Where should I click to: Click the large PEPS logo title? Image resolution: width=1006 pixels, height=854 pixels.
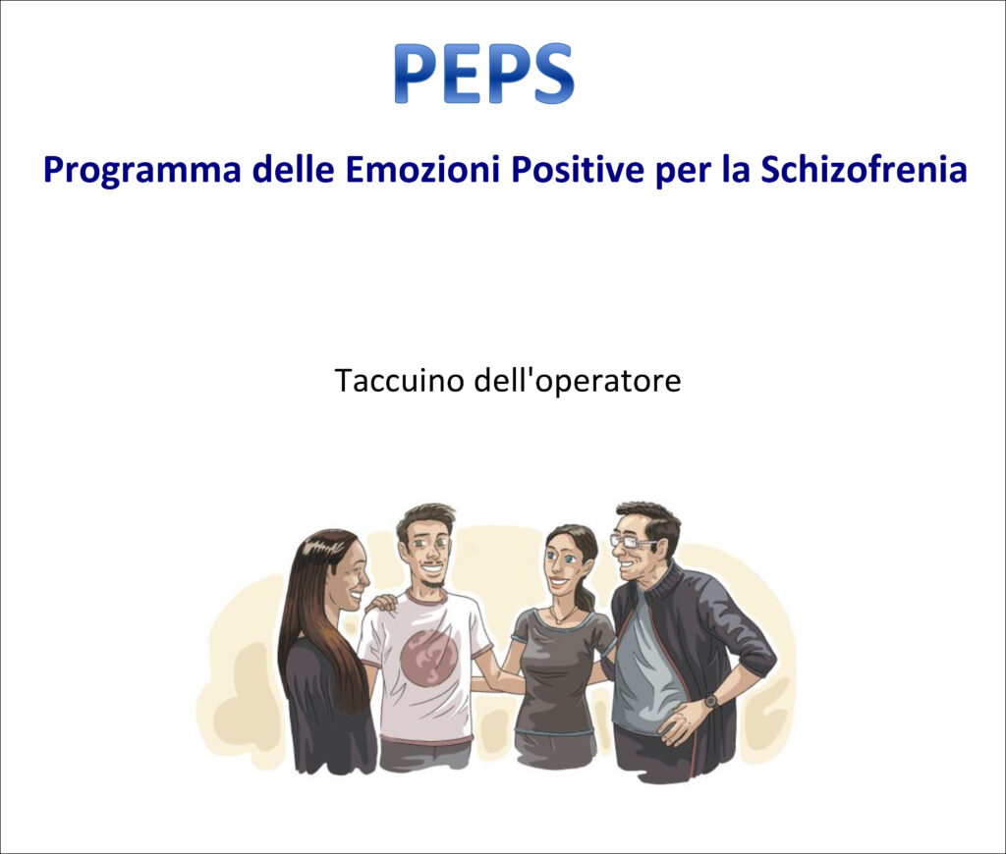(483, 73)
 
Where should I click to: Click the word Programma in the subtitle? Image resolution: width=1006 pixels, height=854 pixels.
(142, 171)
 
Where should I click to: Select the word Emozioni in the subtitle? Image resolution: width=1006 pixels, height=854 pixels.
(422, 169)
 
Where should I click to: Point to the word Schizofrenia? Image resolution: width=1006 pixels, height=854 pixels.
(864, 169)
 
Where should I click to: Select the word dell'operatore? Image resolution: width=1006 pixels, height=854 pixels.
(577, 381)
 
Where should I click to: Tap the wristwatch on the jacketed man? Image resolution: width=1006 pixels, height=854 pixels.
(711, 701)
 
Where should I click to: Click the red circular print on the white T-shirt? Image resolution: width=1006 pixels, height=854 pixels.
(428, 657)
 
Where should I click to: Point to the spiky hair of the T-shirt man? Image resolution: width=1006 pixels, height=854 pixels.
(423, 519)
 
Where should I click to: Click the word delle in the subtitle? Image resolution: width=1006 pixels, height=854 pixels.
(293, 169)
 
